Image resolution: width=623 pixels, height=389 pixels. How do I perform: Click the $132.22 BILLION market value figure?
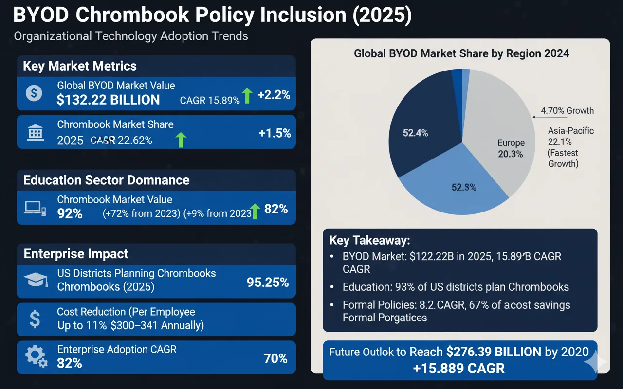point(108,100)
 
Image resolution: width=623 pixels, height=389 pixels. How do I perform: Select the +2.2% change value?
point(274,95)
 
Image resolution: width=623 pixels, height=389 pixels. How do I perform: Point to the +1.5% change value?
point(275,133)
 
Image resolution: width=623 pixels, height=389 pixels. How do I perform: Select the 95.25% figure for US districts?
point(268,282)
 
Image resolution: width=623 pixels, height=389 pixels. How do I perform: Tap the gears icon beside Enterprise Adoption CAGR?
point(35,356)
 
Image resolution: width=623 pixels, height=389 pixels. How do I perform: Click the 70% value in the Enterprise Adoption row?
point(275,359)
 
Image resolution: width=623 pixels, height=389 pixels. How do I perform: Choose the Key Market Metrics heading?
point(80,66)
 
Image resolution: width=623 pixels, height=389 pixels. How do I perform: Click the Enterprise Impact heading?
point(76,254)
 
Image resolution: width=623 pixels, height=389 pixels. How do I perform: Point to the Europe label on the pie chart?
point(511,143)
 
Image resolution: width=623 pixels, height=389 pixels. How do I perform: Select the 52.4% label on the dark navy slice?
point(415,133)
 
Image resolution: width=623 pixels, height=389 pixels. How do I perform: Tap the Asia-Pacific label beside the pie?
point(571,131)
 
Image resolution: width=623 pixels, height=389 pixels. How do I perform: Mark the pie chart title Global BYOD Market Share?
point(461,53)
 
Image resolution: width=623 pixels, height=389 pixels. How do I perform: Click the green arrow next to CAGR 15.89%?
point(247,96)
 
